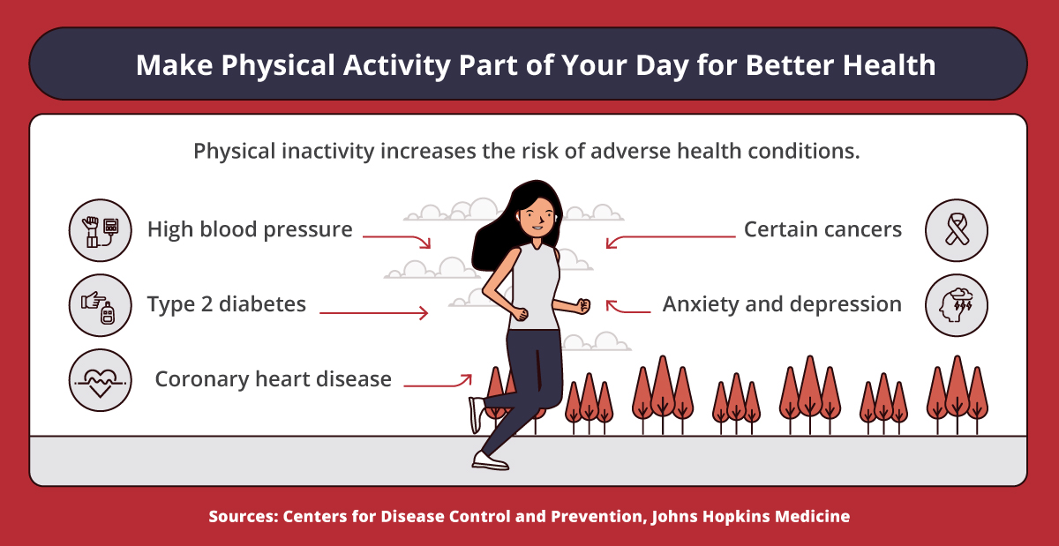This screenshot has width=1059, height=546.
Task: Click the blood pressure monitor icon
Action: pyautogui.click(x=101, y=231)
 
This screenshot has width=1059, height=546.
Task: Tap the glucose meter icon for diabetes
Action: pyautogui.click(x=101, y=305)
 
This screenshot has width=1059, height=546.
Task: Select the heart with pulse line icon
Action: pyautogui.click(x=101, y=380)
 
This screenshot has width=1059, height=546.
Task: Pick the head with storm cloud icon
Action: pyautogui.click(x=957, y=305)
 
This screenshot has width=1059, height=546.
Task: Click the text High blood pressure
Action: pyautogui.click(x=250, y=230)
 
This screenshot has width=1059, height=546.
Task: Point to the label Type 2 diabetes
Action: pyautogui.click(x=227, y=304)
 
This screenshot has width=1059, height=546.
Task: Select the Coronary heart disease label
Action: pyautogui.click(x=273, y=379)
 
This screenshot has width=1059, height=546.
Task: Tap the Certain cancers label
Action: pyautogui.click(x=822, y=230)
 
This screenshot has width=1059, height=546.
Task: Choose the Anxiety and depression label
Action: pyautogui.click(x=782, y=304)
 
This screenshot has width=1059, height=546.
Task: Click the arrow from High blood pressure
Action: pyautogui.click(x=396, y=238)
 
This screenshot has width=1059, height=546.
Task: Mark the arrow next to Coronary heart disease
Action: pyautogui.click(x=438, y=383)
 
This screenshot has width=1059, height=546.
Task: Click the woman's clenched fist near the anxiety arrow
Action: pyautogui.click(x=582, y=306)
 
